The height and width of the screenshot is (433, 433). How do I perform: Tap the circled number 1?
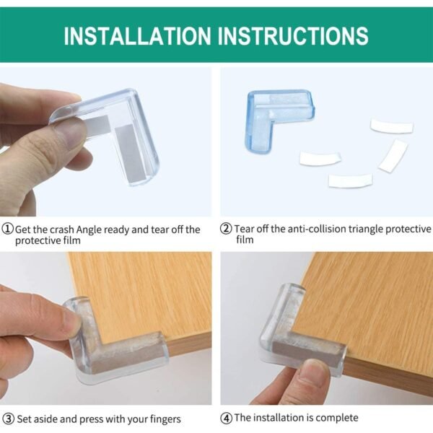coord(8,229)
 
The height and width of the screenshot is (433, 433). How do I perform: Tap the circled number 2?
coord(226,229)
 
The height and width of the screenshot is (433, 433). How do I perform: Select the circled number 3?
coord(8,419)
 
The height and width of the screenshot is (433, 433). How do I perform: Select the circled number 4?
coord(226,418)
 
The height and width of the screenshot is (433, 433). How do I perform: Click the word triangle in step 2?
coord(366,229)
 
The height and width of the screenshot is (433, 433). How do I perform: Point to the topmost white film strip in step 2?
coord(392,126)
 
